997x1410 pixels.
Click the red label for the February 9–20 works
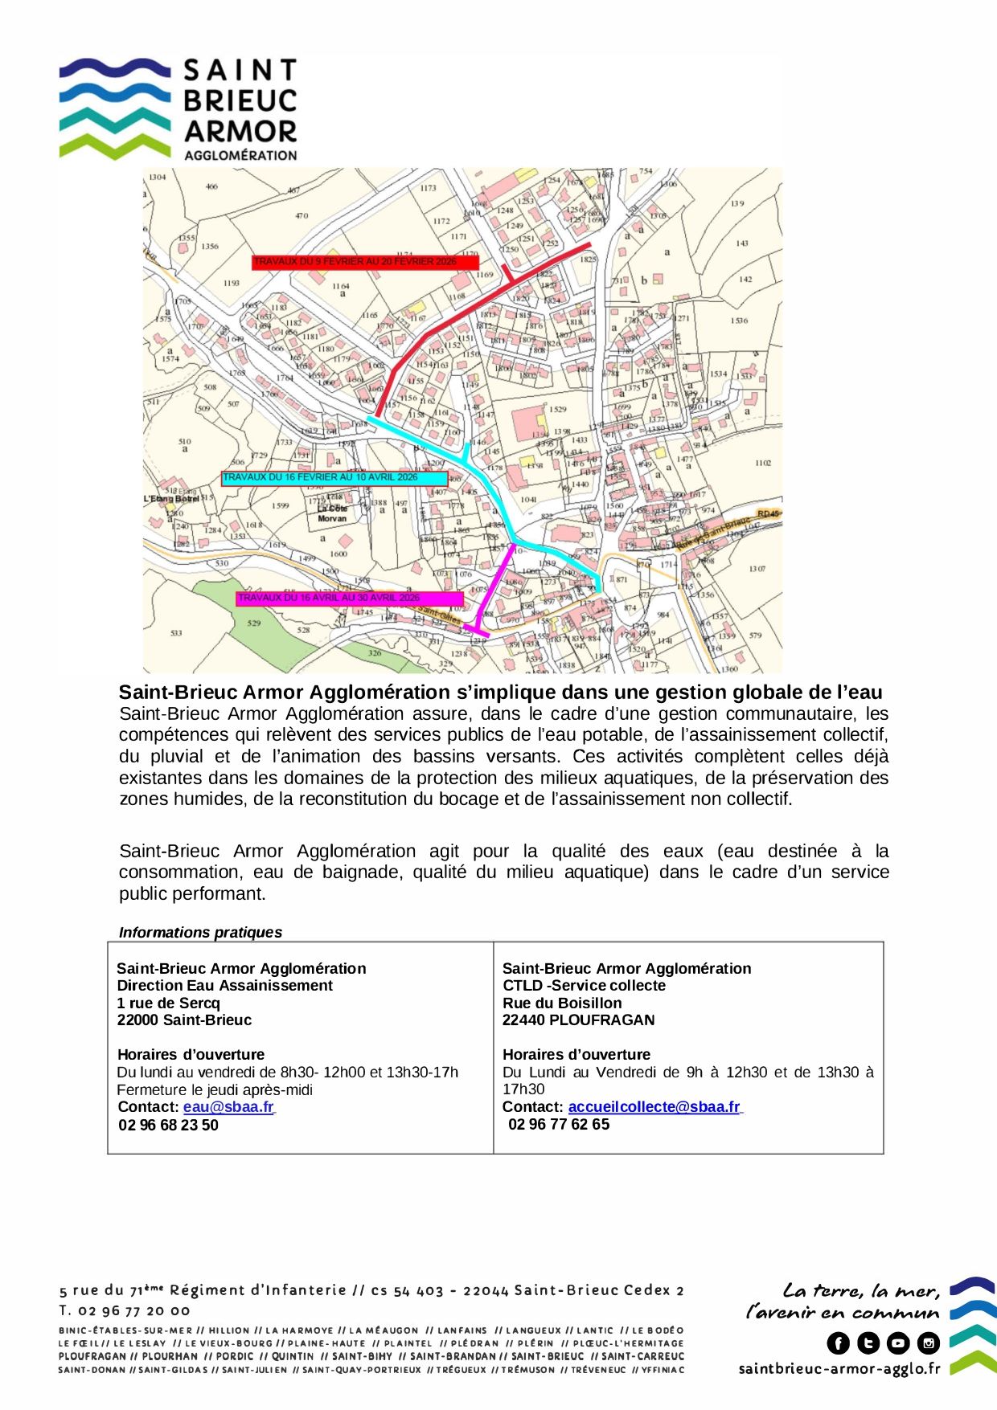coord(365,262)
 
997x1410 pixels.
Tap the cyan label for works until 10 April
coord(334,478)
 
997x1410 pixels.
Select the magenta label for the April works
coord(350,599)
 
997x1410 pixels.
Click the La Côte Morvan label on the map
coord(332,513)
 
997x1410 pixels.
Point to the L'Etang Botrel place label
coord(171,499)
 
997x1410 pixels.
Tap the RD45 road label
coord(768,513)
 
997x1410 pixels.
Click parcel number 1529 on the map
coord(557,410)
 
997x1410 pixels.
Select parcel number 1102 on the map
coord(762,463)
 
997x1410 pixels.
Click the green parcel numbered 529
coord(254,623)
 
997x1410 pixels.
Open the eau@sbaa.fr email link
coord(228,1107)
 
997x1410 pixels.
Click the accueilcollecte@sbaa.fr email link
coord(654,1107)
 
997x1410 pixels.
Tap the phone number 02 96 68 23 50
coord(168,1126)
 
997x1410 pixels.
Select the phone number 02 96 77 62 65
coord(559,1125)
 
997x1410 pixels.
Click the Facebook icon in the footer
coord(838,1343)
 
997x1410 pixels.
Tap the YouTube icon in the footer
coord(898,1343)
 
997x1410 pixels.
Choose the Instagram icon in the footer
coord(929,1343)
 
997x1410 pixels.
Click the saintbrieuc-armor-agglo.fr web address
coord(839,1369)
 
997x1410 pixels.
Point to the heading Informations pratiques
coord(200,933)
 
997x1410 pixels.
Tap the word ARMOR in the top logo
coord(240,131)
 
